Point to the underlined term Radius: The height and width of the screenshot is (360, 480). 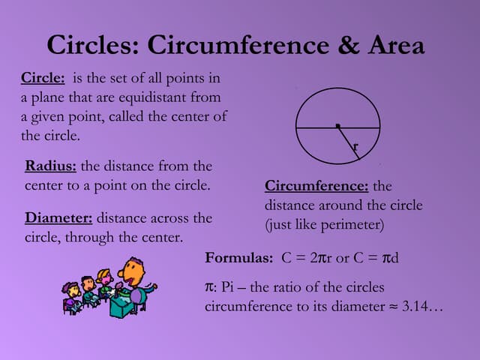coord(51,166)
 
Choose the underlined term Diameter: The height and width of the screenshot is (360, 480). coord(58,218)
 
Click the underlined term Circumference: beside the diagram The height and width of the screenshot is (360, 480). coord(316,186)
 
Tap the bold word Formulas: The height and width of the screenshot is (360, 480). coord(239,258)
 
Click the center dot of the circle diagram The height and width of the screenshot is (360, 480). coord(337,124)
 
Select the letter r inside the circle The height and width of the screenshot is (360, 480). coord(355,148)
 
